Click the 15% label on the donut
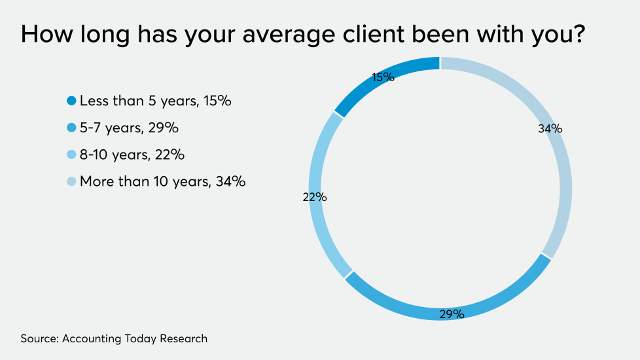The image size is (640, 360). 383,77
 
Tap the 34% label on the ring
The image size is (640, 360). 550,129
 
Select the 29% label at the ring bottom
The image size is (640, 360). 451,314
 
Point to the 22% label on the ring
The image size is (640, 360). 314,197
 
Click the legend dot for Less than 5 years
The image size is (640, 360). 71,101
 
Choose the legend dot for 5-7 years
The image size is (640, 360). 71,128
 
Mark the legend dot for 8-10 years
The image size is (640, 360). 71,155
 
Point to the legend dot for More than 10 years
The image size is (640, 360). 71,182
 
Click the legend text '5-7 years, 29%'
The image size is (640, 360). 129,128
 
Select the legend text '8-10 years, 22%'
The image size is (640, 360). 132,155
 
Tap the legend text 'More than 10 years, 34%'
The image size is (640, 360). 162,182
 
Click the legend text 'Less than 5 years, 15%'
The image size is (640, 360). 156,101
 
